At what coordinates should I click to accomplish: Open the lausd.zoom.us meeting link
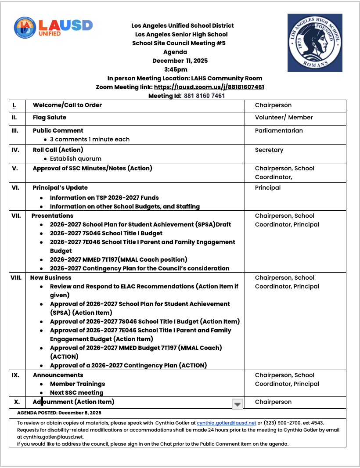tap(209, 87)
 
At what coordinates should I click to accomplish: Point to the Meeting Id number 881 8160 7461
tap(204, 96)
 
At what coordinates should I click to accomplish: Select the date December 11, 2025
tap(180, 61)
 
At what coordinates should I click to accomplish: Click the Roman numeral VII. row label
tap(16, 216)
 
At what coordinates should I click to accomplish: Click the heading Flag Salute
tap(50, 118)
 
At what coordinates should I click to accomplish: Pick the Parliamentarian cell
tap(279, 130)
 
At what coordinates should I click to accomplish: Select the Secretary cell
tap(269, 150)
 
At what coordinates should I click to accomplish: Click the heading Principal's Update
tap(60, 187)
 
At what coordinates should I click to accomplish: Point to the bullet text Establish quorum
tap(76, 158)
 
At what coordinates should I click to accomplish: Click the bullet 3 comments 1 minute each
tap(90, 139)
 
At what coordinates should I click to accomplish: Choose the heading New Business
tap(50, 277)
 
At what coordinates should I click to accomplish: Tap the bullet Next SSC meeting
tap(76, 392)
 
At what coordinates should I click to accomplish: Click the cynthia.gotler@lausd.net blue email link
tap(226, 422)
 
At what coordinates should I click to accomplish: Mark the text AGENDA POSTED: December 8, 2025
tap(59, 413)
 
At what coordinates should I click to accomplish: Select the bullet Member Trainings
tap(77, 384)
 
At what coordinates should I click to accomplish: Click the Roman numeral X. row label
tap(17, 402)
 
